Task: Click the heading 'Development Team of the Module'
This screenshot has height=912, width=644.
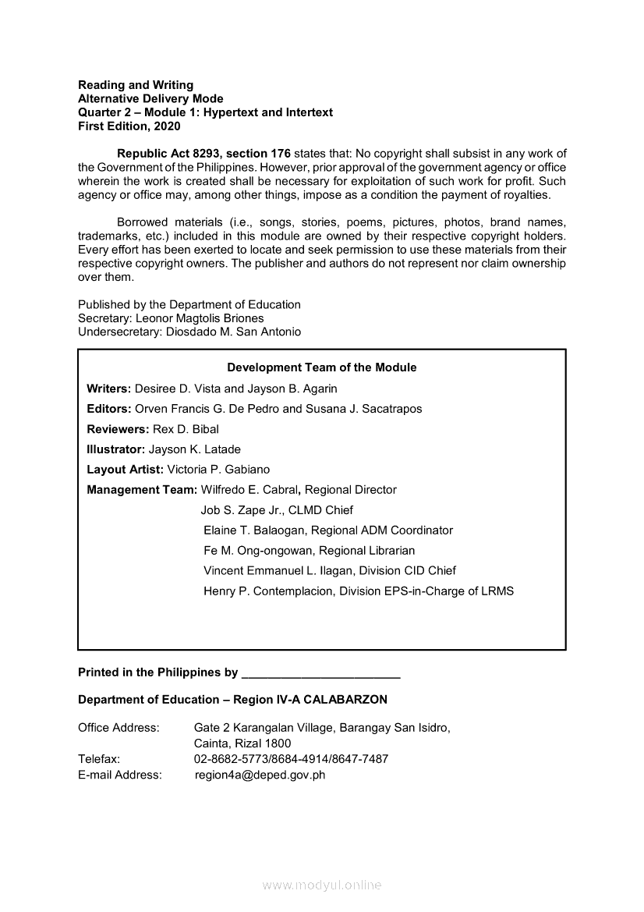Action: tap(321, 367)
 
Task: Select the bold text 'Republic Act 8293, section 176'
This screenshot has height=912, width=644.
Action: tap(203, 153)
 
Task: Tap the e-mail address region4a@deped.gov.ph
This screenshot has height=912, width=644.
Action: tap(260, 775)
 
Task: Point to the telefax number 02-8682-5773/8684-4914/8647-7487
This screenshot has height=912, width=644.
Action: tap(291, 759)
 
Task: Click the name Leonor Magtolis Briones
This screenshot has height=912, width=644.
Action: tap(200, 318)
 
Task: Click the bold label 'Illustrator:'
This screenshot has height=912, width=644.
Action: tap(115, 449)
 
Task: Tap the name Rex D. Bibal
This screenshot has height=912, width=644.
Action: tap(186, 429)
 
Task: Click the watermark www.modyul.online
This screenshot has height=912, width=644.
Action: tap(322, 885)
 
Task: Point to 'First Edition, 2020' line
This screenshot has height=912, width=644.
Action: tap(129, 126)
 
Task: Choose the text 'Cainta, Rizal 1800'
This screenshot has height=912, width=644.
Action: tap(242, 743)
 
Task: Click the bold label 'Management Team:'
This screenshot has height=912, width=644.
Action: tap(142, 490)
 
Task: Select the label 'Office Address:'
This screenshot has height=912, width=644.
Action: tap(119, 728)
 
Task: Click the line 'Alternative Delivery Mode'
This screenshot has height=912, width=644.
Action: tap(150, 98)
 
